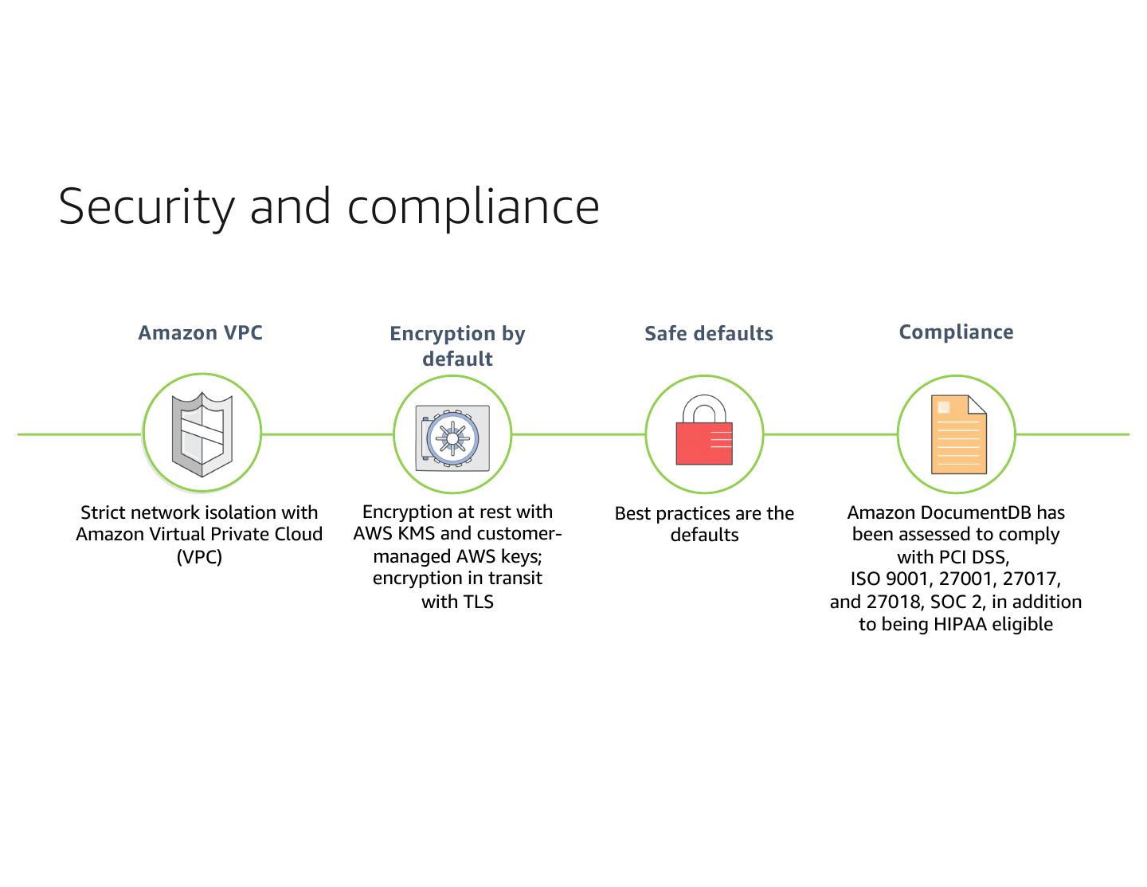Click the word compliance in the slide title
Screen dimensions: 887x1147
(x=473, y=206)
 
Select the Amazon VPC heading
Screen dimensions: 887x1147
(x=200, y=332)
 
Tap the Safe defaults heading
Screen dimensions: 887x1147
(x=708, y=333)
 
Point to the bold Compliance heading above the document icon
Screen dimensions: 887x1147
(x=956, y=332)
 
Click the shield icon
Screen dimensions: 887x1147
(x=202, y=434)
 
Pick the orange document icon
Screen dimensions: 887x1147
(x=958, y=434)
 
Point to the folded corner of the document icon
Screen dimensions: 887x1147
(x=977, y=405)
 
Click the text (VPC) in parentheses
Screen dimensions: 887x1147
(x=199, y=556)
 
